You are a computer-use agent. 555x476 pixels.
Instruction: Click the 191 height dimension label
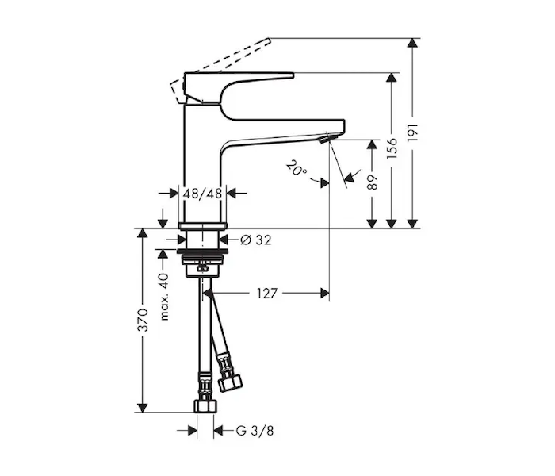(x=413, y=132)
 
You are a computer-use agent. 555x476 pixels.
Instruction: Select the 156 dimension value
(x=392, y=148)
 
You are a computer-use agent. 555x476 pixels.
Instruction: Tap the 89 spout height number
(x=373, y=182)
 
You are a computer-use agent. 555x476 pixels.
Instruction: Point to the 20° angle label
(x=297, y=168)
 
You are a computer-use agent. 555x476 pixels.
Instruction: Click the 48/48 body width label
(x=202, y=194)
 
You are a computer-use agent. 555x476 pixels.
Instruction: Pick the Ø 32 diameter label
(x=255, y=240)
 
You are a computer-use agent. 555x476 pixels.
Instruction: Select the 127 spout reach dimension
(x=267, y=294)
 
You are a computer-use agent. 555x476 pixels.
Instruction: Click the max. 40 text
(x=165, y=297)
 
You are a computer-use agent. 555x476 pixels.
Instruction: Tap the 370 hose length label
(x=143, y=320)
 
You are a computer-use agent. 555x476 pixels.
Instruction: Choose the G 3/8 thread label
(x=255, y=431)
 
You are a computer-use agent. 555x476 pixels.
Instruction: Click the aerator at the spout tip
(x=328, y=138)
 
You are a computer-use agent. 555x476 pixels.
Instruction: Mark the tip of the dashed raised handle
(x=269, y=40)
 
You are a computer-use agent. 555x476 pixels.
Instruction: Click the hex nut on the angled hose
(x=230, y=383)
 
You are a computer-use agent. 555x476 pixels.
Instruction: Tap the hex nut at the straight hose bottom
(x=205, y=406)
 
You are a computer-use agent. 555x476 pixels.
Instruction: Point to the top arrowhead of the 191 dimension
(x=412, y=42)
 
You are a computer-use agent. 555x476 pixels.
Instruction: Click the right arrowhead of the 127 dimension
(x=324, y=294)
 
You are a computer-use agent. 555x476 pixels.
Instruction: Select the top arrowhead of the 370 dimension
(x=142, y=233)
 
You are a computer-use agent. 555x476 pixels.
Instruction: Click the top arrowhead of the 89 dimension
(x=372, y=144)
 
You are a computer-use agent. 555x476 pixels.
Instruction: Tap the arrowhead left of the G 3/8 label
(x=192, y=431)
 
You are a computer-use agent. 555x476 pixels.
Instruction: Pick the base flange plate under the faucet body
(x=202, y=225)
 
